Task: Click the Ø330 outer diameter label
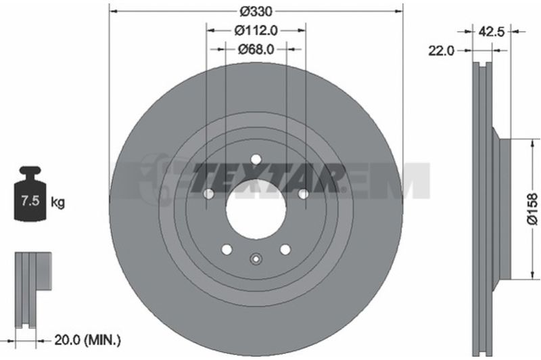click(x=256, y=12)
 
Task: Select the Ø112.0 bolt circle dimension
click(x=256, y=30)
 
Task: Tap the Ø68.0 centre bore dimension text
click(x=256, y=49)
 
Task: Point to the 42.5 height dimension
click(x=491, y=32)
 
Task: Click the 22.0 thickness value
click(x=442, y=51)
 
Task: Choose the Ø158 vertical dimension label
click(x=532, y=209)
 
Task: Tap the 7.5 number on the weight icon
click(x=30, y=200)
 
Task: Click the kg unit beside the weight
click(x=57, y=202)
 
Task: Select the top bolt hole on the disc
click(x=256, y=160)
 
